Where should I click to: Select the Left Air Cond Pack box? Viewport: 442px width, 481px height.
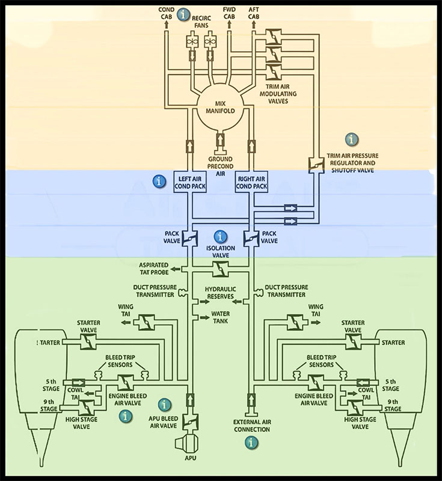tap(189, 182)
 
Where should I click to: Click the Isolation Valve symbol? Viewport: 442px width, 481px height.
tap(221, 271)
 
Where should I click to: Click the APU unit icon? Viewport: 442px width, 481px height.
tap(185, 445)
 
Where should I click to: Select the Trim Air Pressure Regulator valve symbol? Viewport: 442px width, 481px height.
tap(313, 164)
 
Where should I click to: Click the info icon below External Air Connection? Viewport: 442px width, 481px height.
tap(251, 443)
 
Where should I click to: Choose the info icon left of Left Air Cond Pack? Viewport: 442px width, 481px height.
tap(159, 180)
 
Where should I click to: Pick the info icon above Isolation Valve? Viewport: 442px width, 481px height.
tap(221, 236)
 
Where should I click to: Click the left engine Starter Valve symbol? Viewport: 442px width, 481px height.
tap(88, 342)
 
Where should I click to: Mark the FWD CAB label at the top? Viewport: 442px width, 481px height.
tap(229, 14)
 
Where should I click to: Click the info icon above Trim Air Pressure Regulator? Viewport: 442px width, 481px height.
tap(351, 139)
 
